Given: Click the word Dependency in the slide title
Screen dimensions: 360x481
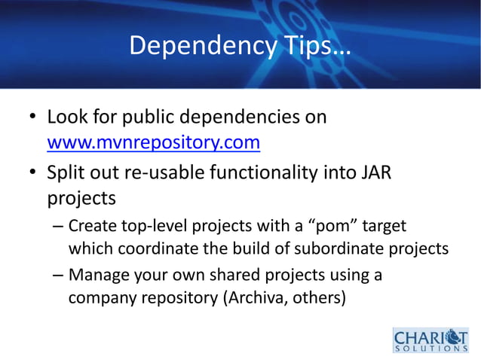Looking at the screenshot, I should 203,47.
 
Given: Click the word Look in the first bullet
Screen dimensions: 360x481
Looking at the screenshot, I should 68,117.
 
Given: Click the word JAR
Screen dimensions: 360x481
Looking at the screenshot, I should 374,173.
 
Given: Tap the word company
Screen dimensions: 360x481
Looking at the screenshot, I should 102,298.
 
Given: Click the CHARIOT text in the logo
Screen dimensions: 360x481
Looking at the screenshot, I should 430,334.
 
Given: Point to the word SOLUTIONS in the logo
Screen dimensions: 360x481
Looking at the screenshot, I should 430,349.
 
